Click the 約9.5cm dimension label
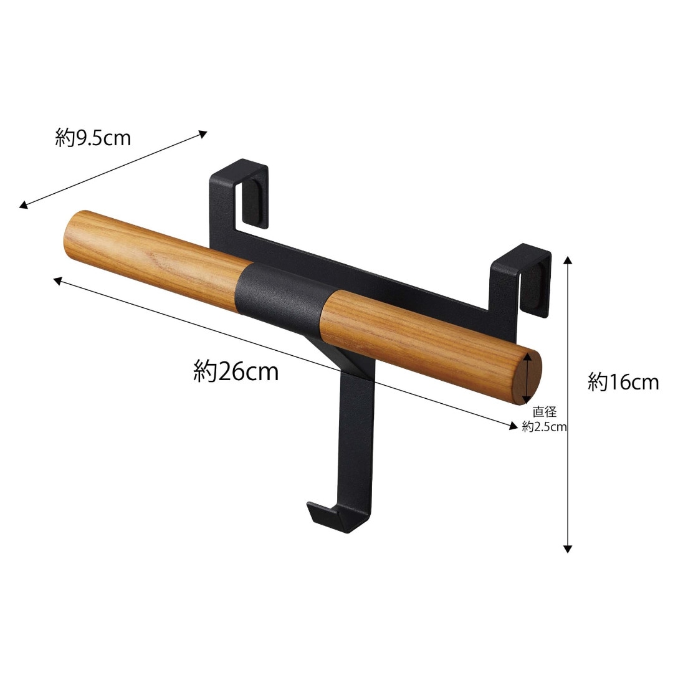[93, 138]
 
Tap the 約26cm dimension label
[236, 371]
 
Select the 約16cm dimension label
[623, 382]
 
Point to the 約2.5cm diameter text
[544, 427]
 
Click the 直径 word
[544, 412]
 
